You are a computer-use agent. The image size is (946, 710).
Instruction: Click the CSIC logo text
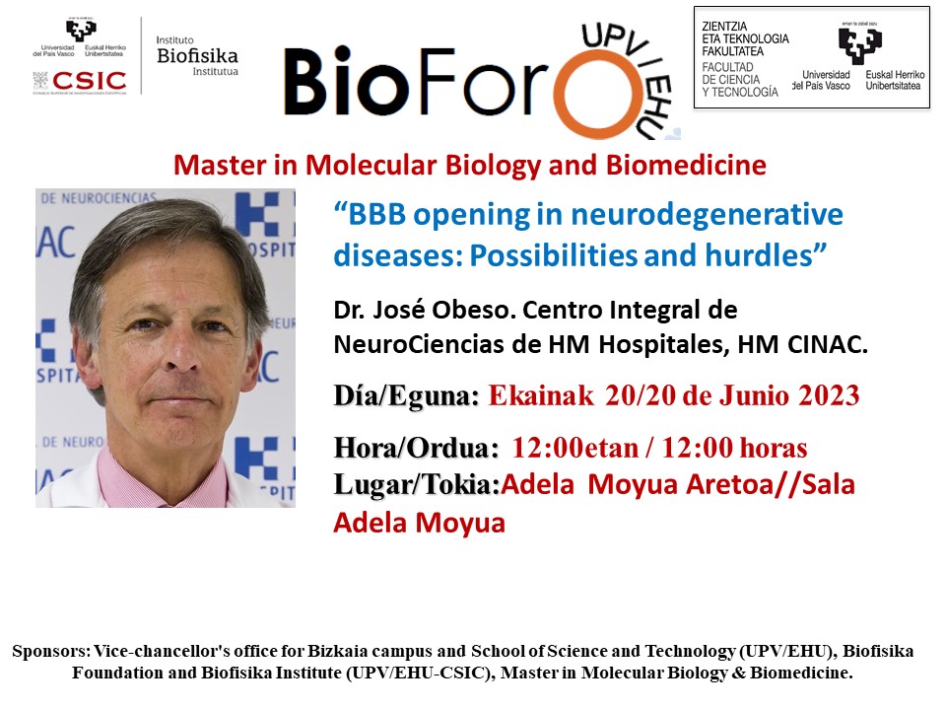(x=90, y=81)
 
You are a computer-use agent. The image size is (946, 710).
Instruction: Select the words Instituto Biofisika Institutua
(x=197, y=55)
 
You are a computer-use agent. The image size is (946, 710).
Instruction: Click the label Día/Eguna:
(x=406, y=396)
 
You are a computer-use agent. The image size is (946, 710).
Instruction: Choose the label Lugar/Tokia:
(x=418, y=485)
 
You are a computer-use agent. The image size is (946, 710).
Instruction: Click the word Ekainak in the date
(x=541, y=396)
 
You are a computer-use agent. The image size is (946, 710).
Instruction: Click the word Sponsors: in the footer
(x=49, y=652)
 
